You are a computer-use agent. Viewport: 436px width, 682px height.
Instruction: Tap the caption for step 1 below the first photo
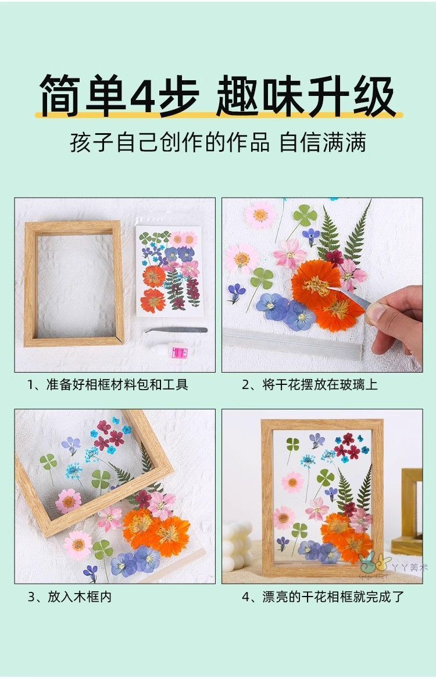click(x=108, y=384)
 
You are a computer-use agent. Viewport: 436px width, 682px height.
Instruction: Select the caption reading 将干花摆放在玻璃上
click(x=309, y=384)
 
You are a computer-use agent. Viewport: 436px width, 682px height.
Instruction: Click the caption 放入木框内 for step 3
click(x=70, y=597)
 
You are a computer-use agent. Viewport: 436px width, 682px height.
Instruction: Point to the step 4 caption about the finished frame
click(x=323, y=597)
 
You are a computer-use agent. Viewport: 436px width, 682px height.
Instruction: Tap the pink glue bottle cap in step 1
click(x=178, y=352)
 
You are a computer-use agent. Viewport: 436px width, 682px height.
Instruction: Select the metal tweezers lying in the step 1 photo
click(x=176, y=330)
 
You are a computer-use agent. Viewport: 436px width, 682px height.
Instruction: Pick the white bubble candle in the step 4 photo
click(x=238, y=546)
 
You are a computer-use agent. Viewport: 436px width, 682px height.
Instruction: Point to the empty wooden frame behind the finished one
click(x=411, y=511)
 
